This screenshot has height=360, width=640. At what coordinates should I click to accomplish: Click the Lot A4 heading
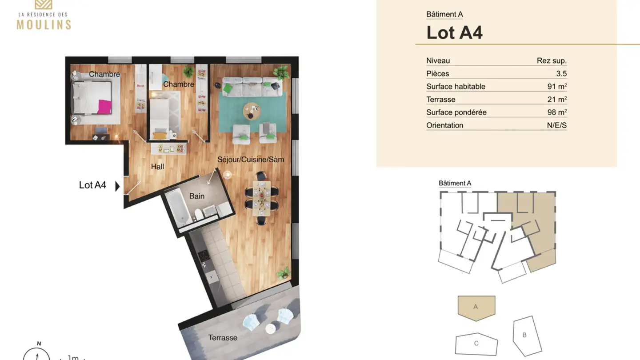click(x=454, y=32)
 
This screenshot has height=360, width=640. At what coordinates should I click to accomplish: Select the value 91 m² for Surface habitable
click(x=557, y=87)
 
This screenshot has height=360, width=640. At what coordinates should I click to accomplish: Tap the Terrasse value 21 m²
click(x=557, y=100)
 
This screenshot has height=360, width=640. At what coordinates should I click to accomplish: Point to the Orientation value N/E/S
click(x=556, y=125)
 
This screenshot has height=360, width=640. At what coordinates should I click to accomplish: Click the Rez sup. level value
click(x=552, y=61)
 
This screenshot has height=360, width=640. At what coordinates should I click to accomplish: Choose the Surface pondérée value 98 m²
click(x=557, y=112)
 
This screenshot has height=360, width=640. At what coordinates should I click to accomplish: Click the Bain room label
click(x=197, y=196)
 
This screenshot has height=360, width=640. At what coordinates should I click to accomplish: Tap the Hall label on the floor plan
click(x=157, y=167)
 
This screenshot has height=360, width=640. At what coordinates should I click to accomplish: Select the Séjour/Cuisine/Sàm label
click(x=251, y=159)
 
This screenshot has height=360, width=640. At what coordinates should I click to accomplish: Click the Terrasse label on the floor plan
click(x=223, y=338)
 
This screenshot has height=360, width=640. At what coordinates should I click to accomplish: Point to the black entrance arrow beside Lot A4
click(x=117, y=186)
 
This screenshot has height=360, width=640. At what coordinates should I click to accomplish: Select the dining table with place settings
click(x=262, y=198)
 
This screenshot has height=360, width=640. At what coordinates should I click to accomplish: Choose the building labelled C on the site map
click(x=476, y=344)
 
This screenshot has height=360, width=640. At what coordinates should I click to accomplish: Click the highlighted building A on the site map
click(x=476, y=306)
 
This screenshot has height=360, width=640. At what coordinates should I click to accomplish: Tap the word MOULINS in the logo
click(x=44, y=24)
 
